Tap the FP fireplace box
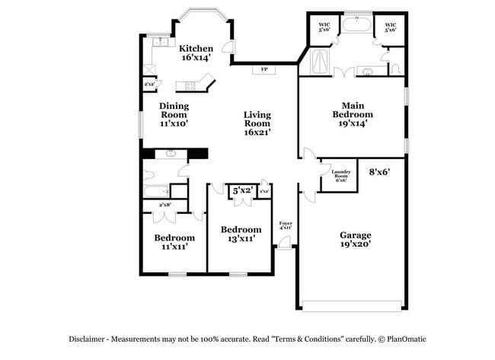(264, 69)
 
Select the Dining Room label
(174, 114)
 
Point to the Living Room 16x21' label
(257, 123)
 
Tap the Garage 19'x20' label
(355, 241)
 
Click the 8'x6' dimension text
(378, 172)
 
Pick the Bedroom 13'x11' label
(241, 234)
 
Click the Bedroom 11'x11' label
(174, 241)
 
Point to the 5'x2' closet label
(243, 190)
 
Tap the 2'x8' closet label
(164, 205)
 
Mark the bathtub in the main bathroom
(356, 25)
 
